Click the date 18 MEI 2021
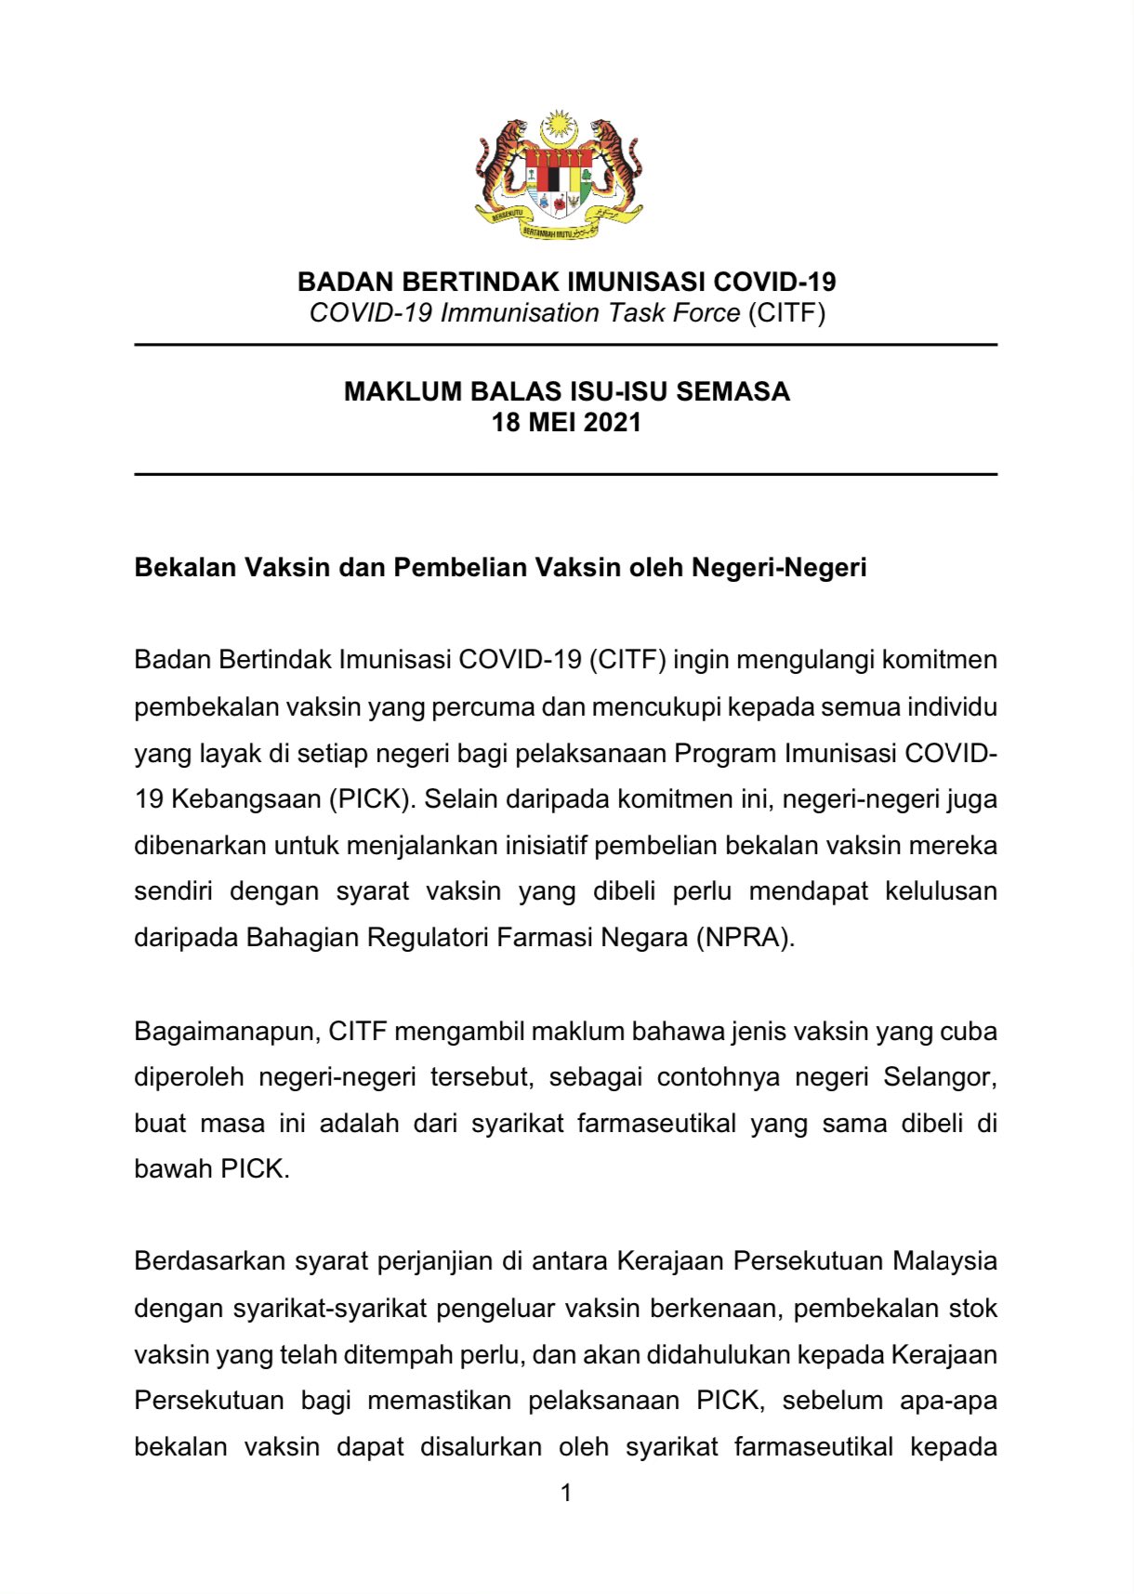(566, 423)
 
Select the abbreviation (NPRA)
(745, 937)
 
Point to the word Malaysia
(944, 1261)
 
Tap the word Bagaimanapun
(227, 1032)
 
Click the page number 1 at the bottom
(566, 1494)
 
